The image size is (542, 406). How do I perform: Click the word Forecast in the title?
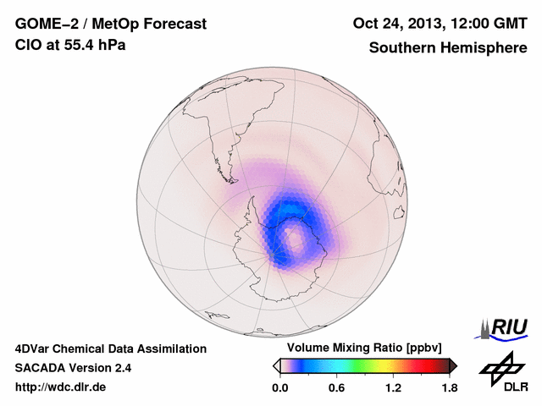click(x=174, y=25)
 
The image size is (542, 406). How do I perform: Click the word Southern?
click(x=401, y=48)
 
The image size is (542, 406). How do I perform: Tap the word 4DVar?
click(x=36, y=348)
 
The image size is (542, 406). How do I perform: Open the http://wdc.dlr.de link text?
click(x=61, y=387)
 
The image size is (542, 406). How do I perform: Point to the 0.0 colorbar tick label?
click(x=281, y=388)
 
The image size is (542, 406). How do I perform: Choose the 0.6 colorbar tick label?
click(x=337, y=388)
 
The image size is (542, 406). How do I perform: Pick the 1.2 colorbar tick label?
click(x=393, y=388)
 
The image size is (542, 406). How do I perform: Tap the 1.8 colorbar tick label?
click(x=449, y=388)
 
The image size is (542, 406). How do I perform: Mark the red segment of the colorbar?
click(x=423, y=365)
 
